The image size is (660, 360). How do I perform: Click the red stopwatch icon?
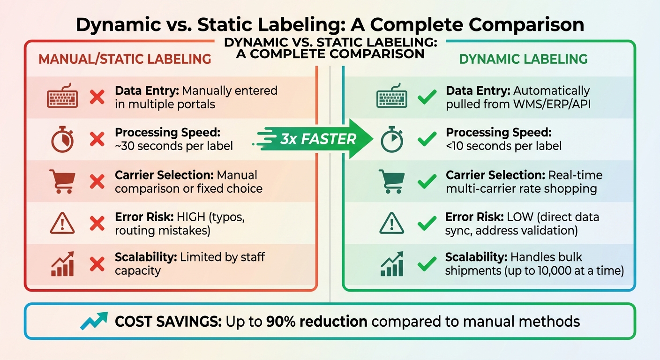click(x=62, y=139)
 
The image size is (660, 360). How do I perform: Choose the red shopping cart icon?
click(x=62, y=181)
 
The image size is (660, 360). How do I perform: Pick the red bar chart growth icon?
click(x=62, y=264)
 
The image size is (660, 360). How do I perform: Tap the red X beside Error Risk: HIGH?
click(x=97, y=224)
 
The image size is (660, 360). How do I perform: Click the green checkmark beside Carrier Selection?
click(x=427, y=181)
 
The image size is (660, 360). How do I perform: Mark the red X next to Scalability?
click(x=97, y=265)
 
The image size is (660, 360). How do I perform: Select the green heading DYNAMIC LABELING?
click(x=523, y=59)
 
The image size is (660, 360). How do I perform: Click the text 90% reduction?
click(x=316, y=322)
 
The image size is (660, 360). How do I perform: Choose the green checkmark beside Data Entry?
click(x=427, y=97)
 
